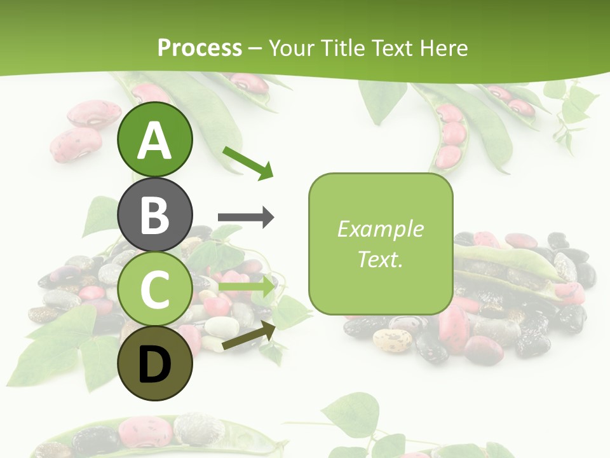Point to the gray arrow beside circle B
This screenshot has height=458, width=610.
[245, 218]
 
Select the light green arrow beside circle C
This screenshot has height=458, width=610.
[247, 287]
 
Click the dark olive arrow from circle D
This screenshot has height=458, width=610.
[248, 336]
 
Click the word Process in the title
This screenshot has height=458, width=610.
[200, 48]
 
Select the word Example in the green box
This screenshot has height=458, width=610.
[380, 229]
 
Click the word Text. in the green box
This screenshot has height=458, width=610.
[380, 259]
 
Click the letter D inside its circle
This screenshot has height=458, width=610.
[154, 365]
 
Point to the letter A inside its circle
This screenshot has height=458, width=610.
[154, 141]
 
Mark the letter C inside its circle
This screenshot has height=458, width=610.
[154, 290]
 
